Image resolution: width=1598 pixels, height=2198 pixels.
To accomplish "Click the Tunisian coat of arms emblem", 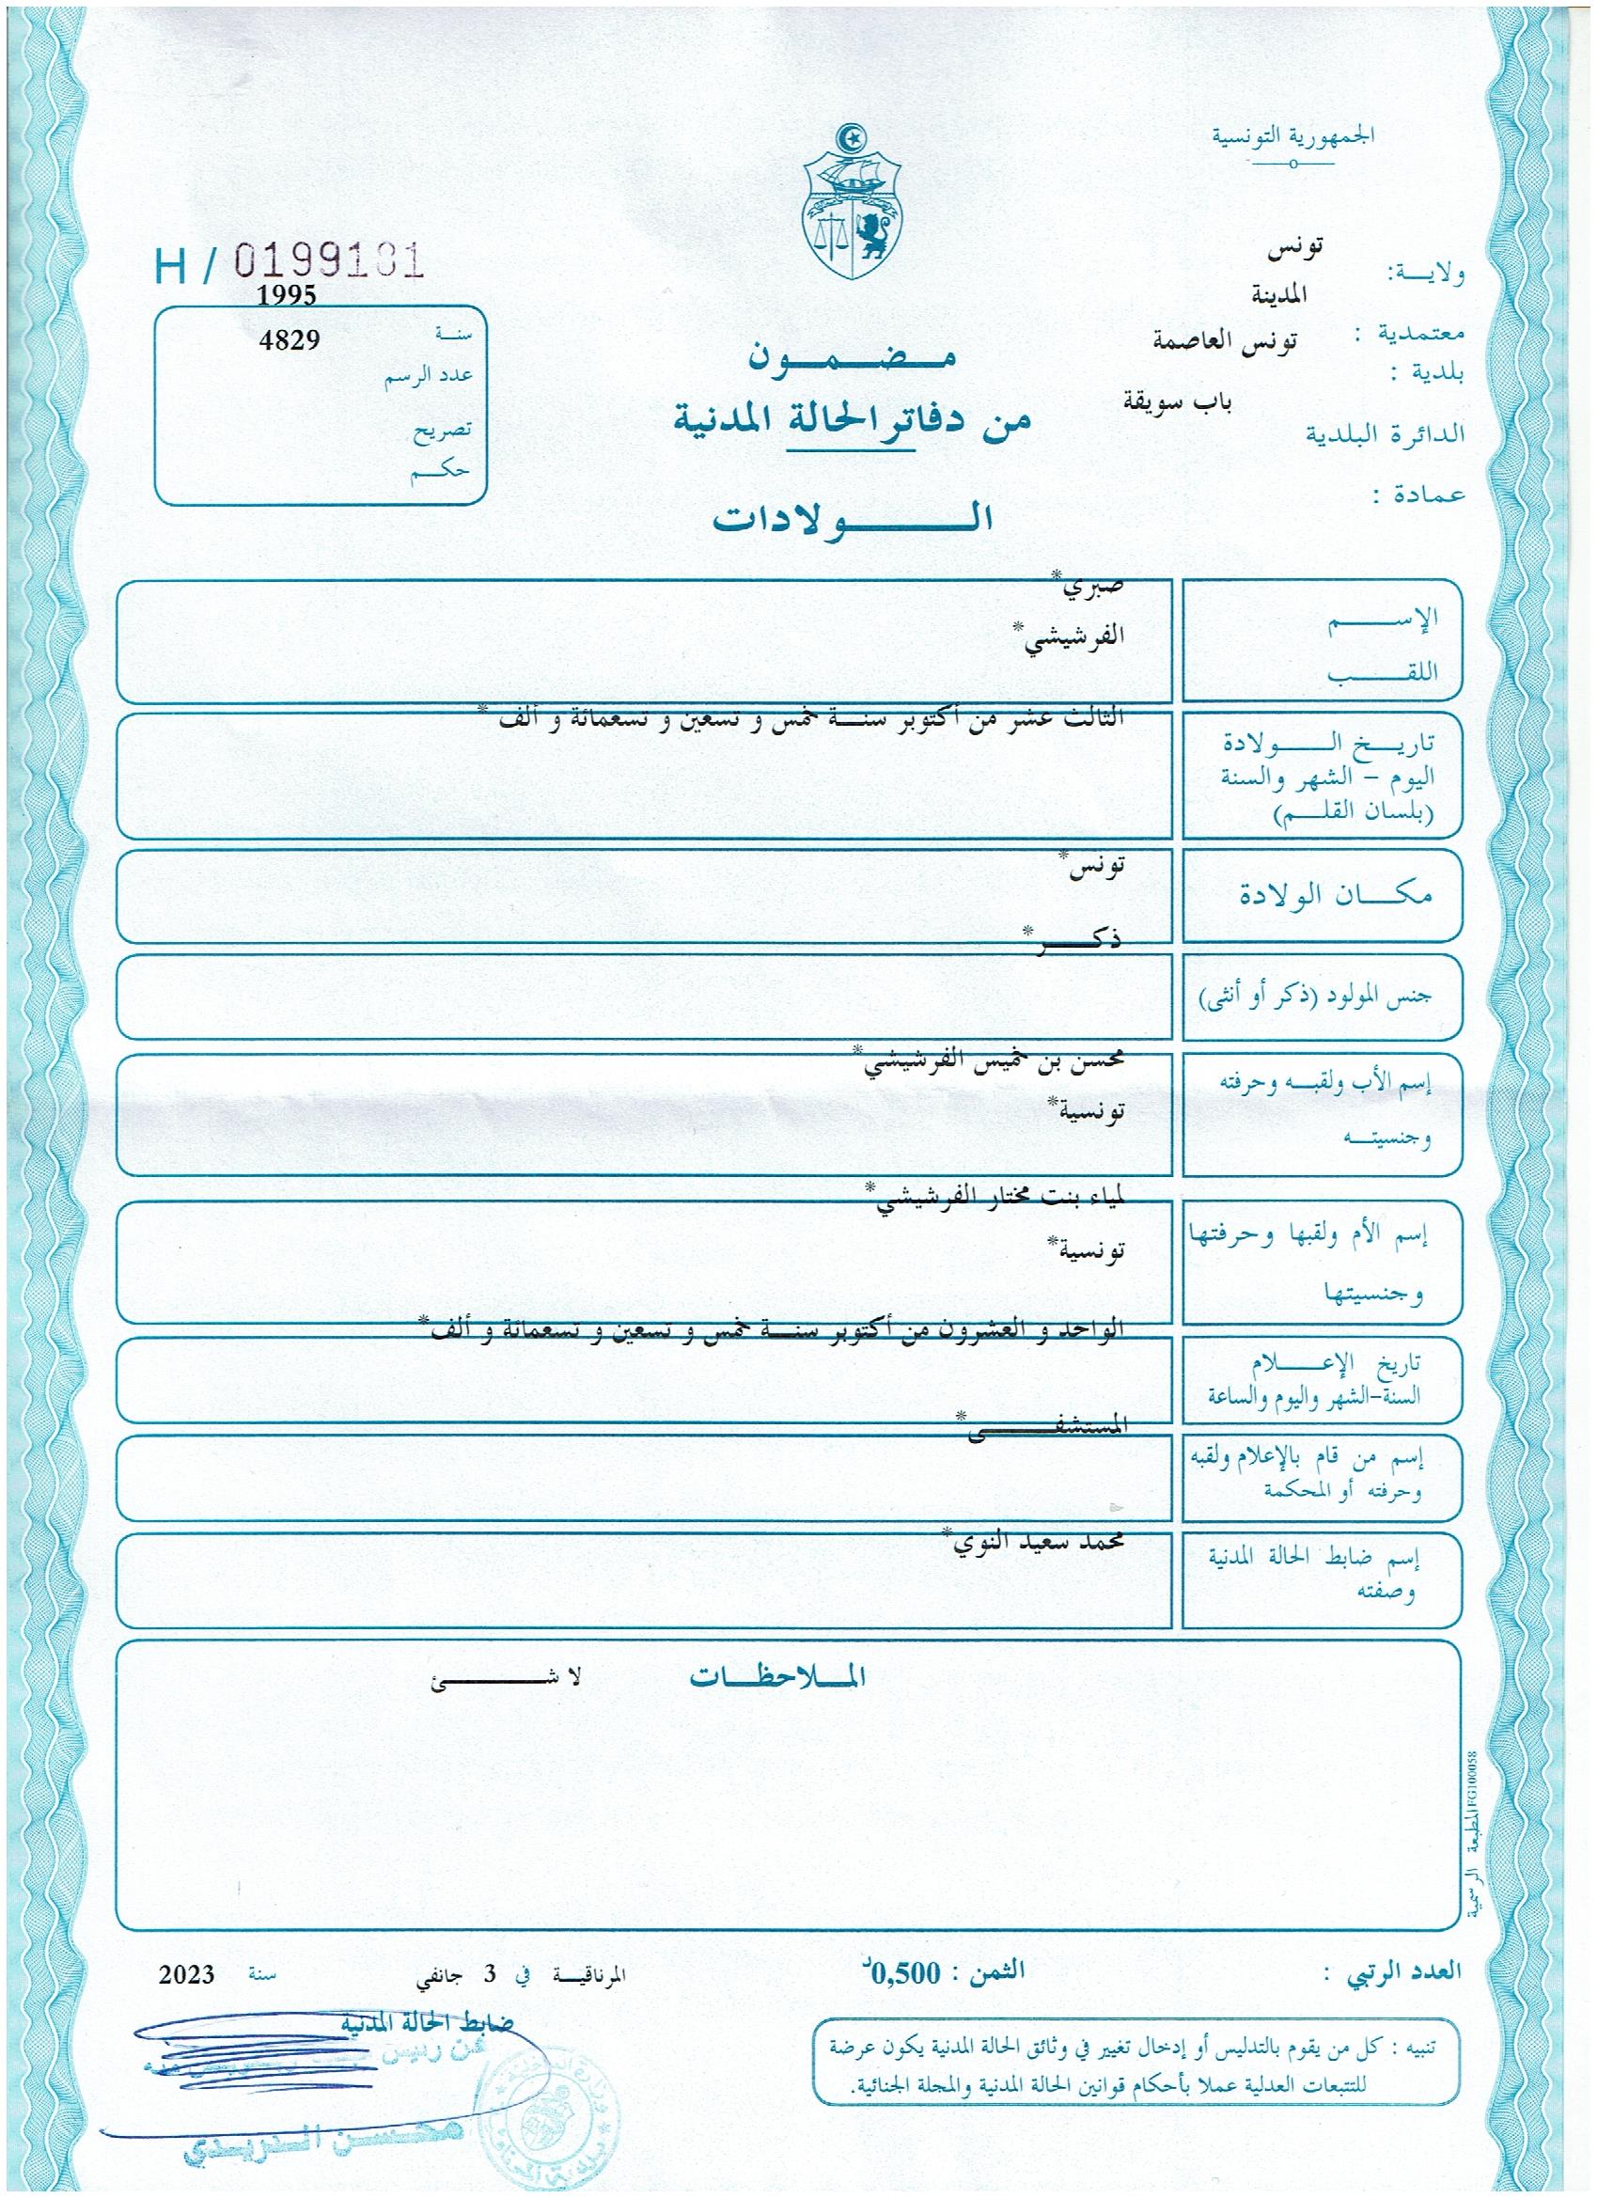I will [x=853, y=207].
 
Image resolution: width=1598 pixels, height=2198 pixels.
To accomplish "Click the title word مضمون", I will [x=852, y=358].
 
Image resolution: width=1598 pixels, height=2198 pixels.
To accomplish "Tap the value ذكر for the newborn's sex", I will [x=1075, y=945].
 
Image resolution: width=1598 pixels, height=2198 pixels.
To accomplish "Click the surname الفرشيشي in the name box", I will [x=1070, y=637].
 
